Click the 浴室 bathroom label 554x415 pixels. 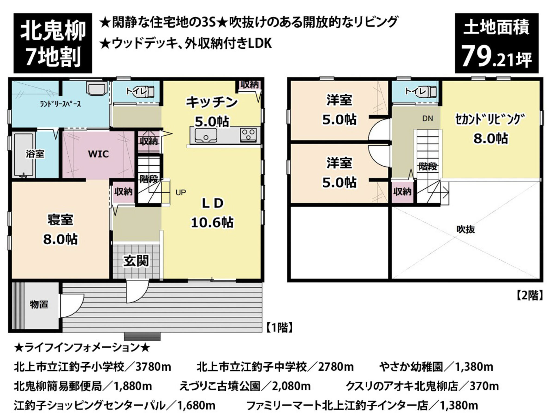click(x=35, y=154)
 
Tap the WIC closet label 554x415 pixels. click(x=98, y=154)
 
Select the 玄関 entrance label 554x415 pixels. click(x=136, y=261)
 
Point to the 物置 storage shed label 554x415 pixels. click(x=39, y=304)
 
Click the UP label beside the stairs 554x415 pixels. click(x=181, y=193)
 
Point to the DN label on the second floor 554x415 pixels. click(x=428, y=118)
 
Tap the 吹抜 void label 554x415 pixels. click(x=466, y=229)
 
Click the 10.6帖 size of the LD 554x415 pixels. click(x=212, y=223)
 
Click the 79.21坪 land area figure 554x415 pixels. click(x=497, y=58)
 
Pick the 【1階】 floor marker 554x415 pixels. click(x=280, y=328)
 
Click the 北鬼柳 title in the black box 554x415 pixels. click(x=53, y=31)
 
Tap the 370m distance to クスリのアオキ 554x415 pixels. click(x=484, y=386)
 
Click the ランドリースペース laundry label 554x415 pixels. click(x=60, y=104)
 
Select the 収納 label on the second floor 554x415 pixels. click(x=403, y=192)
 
